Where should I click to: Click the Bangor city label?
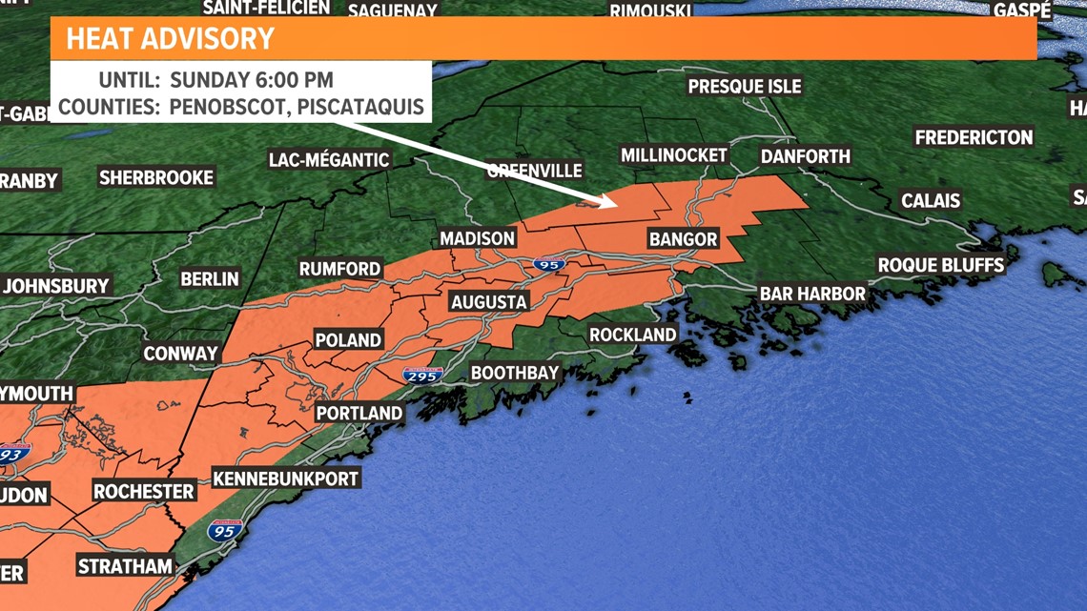683,238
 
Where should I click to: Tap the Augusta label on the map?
488,302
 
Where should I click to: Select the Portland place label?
359,414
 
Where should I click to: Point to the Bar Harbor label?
812,294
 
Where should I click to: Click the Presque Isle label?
745,86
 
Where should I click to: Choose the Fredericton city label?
974,137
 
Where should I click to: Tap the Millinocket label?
674,154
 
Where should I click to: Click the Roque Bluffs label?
941,265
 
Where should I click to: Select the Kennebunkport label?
285,479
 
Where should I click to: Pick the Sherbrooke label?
156,177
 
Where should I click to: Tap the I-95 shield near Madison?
547,263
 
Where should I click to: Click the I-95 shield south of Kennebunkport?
224,530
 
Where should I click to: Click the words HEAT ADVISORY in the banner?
170,39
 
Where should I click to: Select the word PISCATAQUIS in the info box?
360,106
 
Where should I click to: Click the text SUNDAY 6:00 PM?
251,79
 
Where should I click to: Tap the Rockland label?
632,335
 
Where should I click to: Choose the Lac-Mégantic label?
329,159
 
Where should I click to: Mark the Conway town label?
181,354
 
